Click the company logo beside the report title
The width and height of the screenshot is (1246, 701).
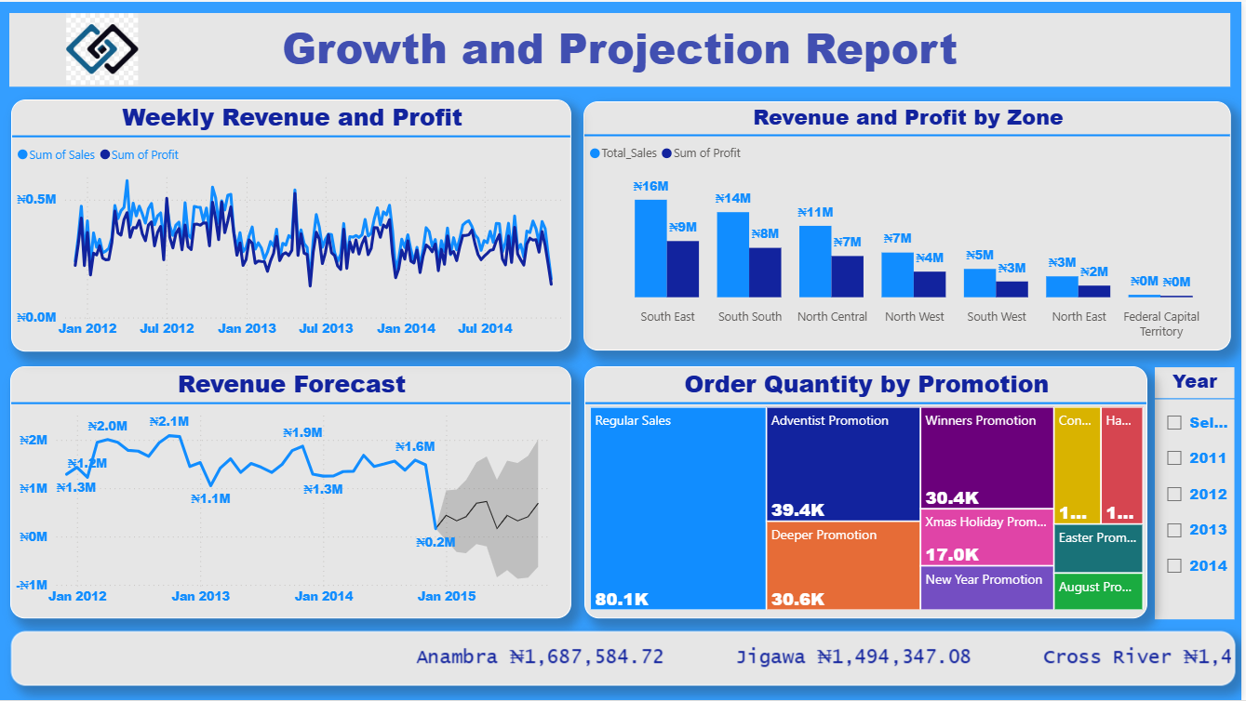(x=102, y=48)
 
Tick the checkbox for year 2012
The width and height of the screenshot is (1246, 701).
(x=1174, y=494)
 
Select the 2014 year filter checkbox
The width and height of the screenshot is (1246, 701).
(x=1174, y=565)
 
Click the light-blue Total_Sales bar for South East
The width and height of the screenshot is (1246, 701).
(x=650, y=248)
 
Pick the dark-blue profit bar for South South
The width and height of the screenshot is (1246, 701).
(x=765, y=271)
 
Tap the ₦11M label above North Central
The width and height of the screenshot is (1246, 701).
(x=815, y=212)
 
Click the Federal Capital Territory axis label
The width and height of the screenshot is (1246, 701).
(x=1160, y=324)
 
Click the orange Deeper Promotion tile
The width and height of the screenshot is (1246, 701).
(x=843, y=565)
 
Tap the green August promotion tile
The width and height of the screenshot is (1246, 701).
(x=1098, y=591)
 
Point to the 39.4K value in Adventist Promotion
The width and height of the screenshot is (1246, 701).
(x=797, y=509)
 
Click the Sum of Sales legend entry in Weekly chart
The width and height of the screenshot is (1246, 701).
(x=57, y=155)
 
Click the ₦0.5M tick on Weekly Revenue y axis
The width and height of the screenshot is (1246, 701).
(x=36, y=199)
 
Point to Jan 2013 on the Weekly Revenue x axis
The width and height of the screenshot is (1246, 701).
(x=247, y=328)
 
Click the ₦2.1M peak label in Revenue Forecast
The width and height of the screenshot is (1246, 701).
(x=169, y=421)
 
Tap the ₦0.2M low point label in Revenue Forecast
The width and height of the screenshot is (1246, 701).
(x=435, y=542)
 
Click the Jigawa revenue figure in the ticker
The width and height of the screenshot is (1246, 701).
(x=893, y=657)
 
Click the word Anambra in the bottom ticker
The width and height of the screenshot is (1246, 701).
(x=457, y=657)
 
